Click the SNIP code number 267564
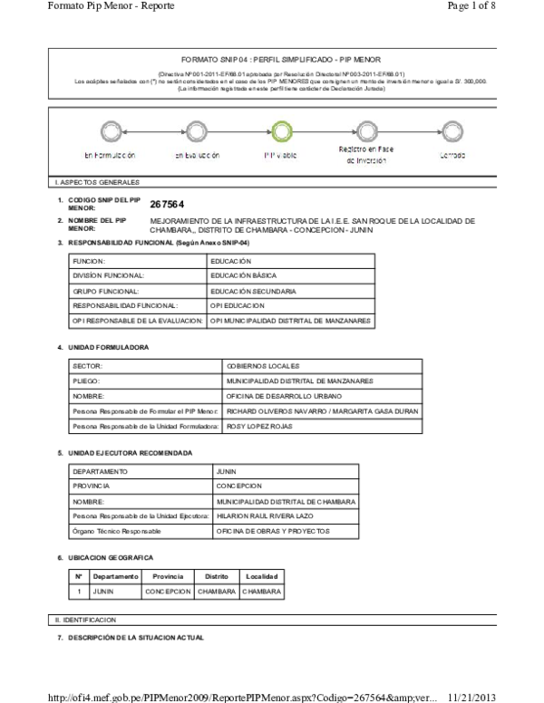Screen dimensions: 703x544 [168, 204]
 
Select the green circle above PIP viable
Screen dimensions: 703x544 [280, 132]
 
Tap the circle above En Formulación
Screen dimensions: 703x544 [110, 132]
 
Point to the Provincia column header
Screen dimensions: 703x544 [168, 577]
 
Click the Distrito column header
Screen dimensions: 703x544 [216, 577]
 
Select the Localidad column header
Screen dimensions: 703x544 [262, 577]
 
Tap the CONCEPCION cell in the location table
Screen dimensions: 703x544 [168, 592]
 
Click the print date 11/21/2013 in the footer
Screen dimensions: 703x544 [471, 696]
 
